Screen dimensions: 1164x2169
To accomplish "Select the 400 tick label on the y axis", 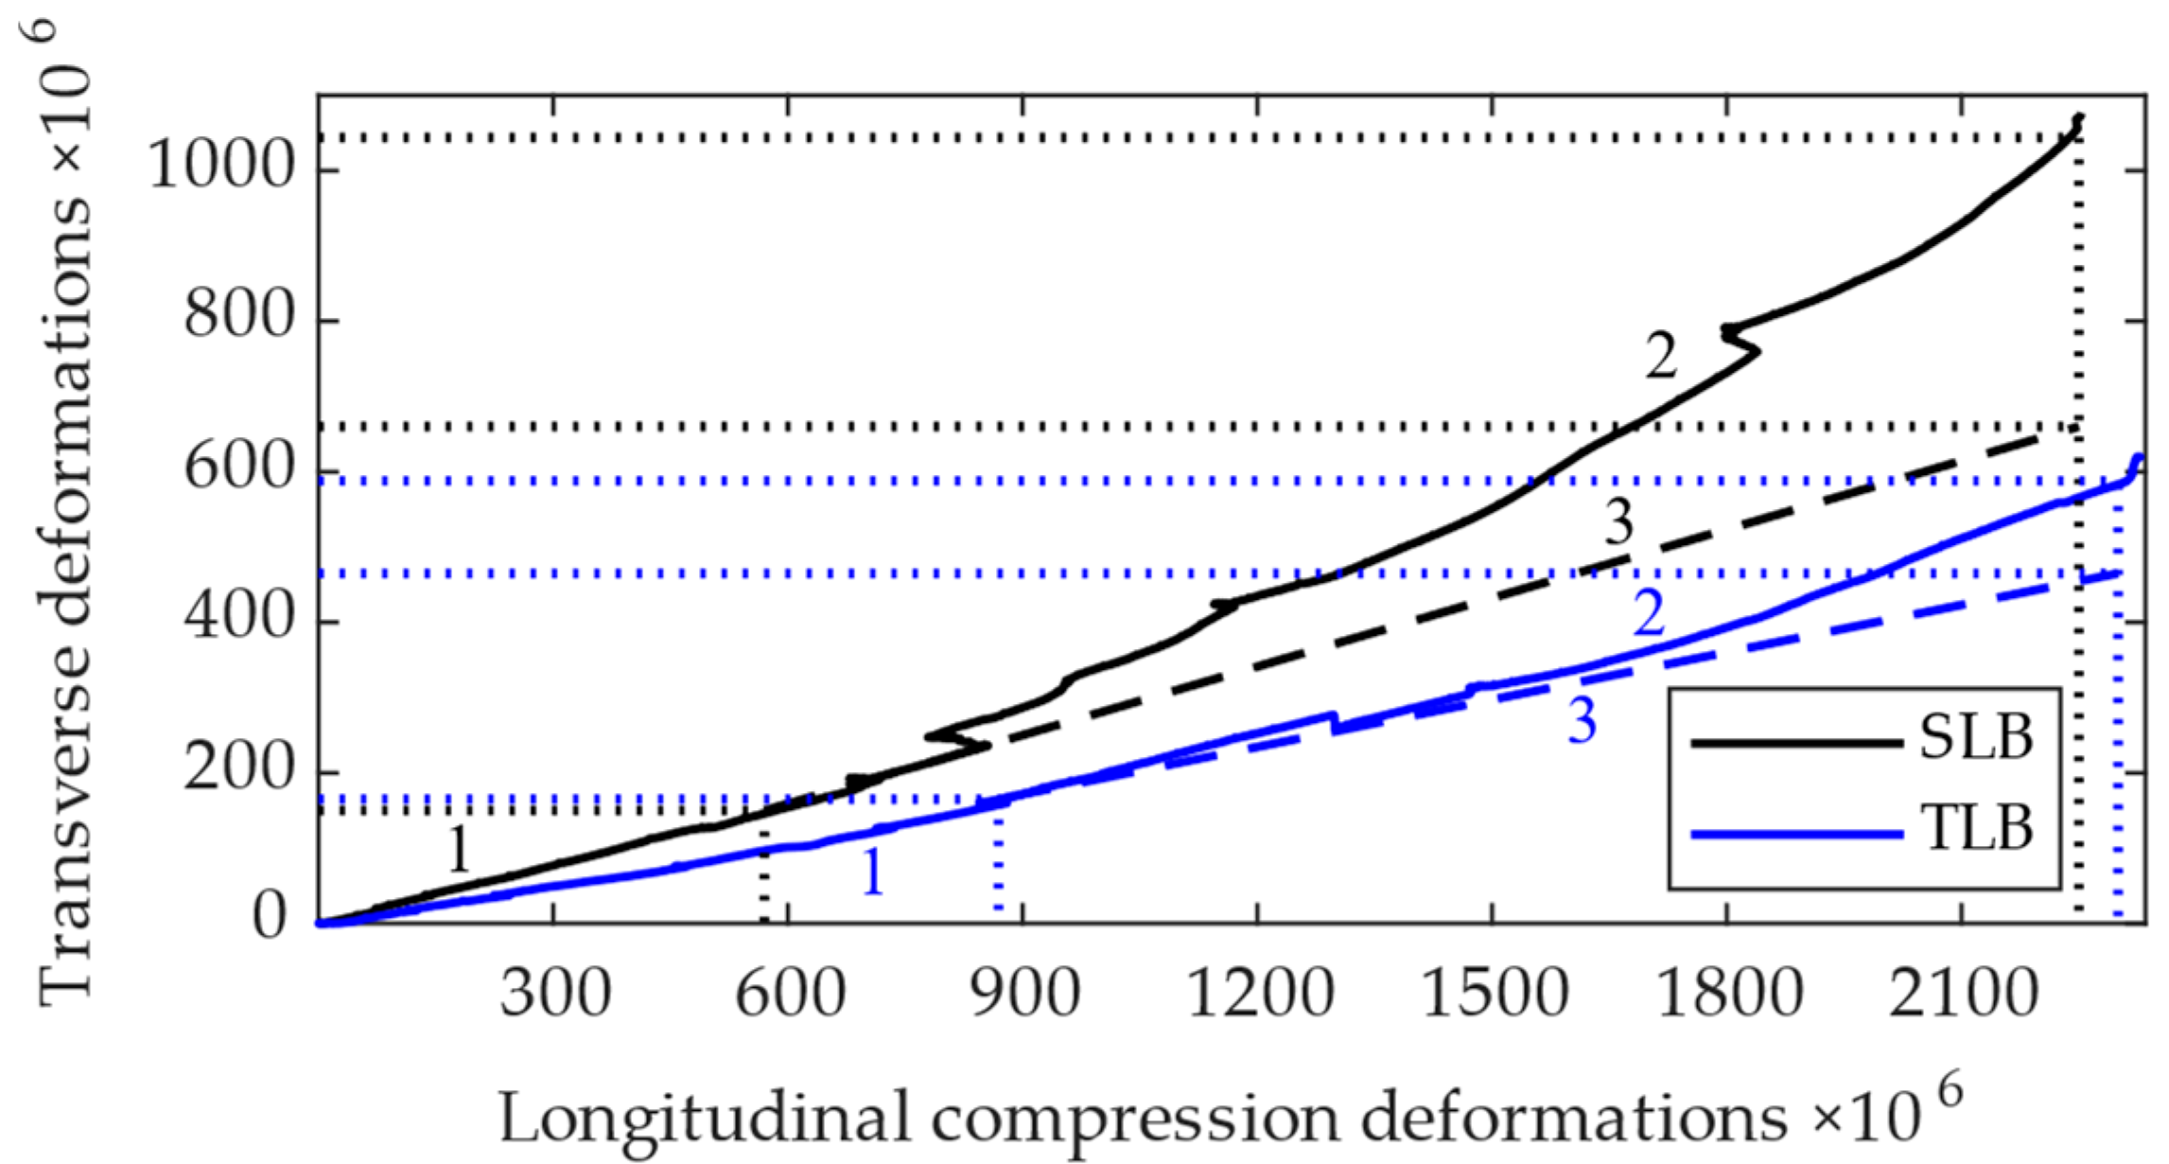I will [x=240, y=619].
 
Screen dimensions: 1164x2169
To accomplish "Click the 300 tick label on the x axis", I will [x=555, y=995].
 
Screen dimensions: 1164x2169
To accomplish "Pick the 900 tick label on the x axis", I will [x=1025, y=995].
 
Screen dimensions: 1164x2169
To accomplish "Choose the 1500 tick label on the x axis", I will [x=1495, y=995].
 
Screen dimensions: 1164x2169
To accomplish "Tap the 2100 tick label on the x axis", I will [x=1963, y=995].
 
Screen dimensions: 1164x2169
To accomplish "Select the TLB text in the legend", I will [x=1977, y=829].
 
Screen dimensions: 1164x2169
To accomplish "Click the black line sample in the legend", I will [x=1795, y=743].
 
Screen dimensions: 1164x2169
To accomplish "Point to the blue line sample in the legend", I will [x=1795, y=834].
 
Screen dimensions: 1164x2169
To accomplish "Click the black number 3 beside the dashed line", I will [x=1619, y=521].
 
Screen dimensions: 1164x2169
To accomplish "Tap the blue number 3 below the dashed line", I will [x=1583, y=721].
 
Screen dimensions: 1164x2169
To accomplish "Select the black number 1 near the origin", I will [x=459, y=850].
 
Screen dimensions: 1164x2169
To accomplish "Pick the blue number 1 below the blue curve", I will [x=872, y=872].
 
